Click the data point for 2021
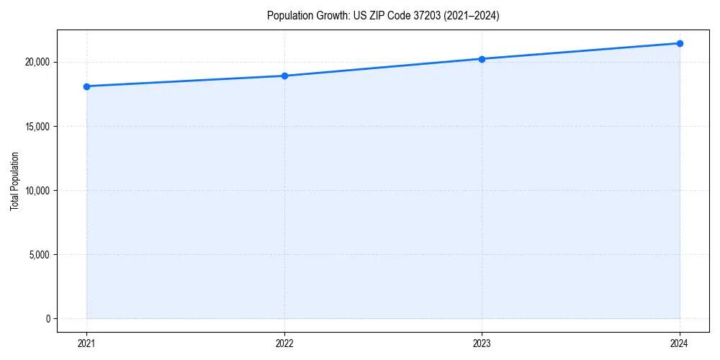(x=86, y=86)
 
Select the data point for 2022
(x=284, y=76)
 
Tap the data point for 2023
(x=482, y=59)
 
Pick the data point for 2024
(x=680, y=43)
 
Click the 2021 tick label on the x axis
(x=86, y=343)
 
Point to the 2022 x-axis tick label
(x=284, y=343)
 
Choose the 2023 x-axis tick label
(x=482, y=343)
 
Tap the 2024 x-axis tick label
(x=680, y=343)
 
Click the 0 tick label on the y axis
(x=48, y=319)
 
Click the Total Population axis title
(x=14, y=181)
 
